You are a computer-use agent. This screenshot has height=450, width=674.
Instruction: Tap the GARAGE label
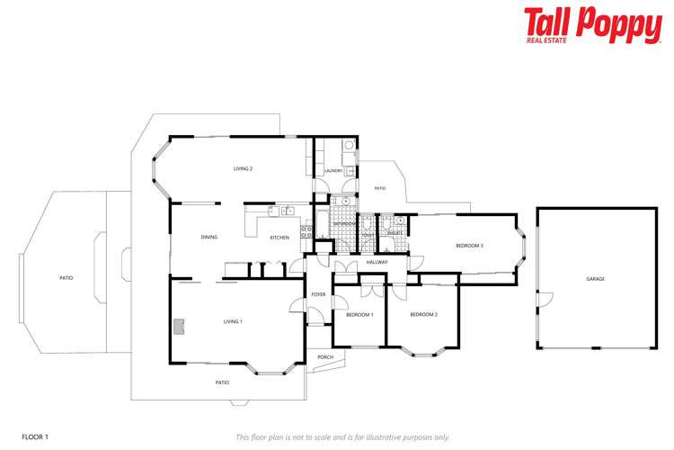click(x=595, y=279)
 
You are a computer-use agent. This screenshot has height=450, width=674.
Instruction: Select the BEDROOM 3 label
click(x=469, y=246)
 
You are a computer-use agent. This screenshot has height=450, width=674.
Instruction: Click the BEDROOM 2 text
click(x=423, y=314)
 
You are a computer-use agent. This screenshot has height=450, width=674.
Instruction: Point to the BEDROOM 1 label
click(x=359, y=314)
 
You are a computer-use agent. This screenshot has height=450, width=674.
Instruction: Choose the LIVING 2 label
click(x=243, y=168)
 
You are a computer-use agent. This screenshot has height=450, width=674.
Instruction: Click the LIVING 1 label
click(x=233, y=320)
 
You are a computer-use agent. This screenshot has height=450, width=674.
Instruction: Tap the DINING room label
click(x=208, y=237)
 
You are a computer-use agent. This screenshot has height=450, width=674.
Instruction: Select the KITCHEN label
click(x=279, y=237)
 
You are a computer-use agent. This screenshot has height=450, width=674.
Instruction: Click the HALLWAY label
click(x=377, y=262)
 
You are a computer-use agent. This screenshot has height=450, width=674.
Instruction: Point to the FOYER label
click(x=318, y=294)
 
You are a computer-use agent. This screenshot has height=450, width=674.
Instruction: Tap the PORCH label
click(x=325, y=357)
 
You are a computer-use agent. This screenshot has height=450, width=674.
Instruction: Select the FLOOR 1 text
click(x=35, y=437)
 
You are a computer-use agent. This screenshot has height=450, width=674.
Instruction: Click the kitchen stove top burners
click(x=306, y=231)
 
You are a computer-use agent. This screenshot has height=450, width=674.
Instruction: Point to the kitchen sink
click(x=287, y=211)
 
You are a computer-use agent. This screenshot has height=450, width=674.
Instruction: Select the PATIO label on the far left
click(x=66, y=278)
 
